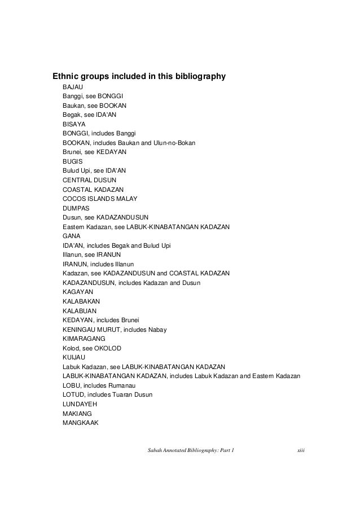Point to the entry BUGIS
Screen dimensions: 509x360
point(73,161)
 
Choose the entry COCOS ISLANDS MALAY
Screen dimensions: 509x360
point(100,198)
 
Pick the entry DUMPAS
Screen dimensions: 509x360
point(76,208)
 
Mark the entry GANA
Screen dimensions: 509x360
point(72,236)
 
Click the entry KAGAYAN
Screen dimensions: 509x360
point(78,292)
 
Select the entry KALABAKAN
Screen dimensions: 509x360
point(81,301)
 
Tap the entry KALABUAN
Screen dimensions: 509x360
point(80,310)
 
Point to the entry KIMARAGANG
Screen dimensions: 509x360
point(84,338)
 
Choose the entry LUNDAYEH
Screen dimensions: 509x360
point(80,403)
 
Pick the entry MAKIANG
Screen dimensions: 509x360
point(77,413)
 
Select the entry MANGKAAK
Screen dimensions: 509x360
point(80,422)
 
